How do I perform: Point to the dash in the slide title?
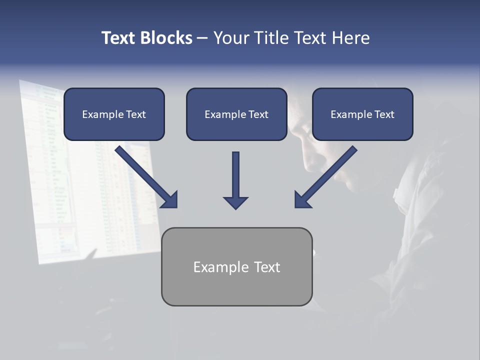(x=202, y=38)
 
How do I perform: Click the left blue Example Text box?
(x=114, y=114)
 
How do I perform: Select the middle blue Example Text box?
(x=236, y=114)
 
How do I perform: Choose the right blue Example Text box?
(x=362, y=114)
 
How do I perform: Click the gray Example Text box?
(x=236, y=266)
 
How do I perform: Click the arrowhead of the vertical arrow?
(x=235, y=202)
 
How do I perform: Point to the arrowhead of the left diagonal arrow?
(x=170, y=200)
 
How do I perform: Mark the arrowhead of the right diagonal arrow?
(x=301, y=200)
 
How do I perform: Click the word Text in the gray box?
(x=267, y=267)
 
